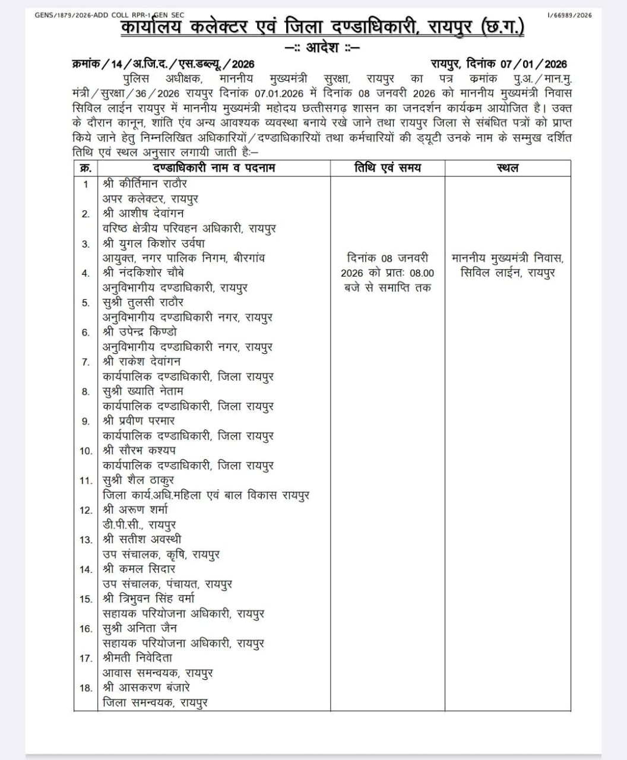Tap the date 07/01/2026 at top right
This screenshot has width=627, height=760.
click(533, 64)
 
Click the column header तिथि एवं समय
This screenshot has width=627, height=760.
click(387, 168)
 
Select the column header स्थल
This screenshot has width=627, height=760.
click(507, 168)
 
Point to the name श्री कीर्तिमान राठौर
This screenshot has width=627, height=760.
click(145, 183)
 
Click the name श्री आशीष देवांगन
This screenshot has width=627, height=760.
click(143, 213)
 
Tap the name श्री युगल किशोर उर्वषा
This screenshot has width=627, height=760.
click(153, 243)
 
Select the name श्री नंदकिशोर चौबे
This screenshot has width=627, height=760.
click(143, 273)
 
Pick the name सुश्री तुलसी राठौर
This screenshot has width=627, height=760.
click(143, 302)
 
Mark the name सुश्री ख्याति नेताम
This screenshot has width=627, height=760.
click(143, 391)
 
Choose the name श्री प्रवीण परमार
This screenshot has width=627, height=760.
click(138, 421)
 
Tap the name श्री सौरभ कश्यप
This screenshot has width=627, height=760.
click(139, 451)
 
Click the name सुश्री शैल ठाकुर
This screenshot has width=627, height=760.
click(138, 480)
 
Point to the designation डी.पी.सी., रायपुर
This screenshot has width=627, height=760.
click(139, 525)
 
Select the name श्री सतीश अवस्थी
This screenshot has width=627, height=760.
click(142, 540)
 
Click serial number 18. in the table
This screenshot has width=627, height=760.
click(86, 688)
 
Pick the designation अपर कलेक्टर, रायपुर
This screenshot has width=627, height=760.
click(150, 198)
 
